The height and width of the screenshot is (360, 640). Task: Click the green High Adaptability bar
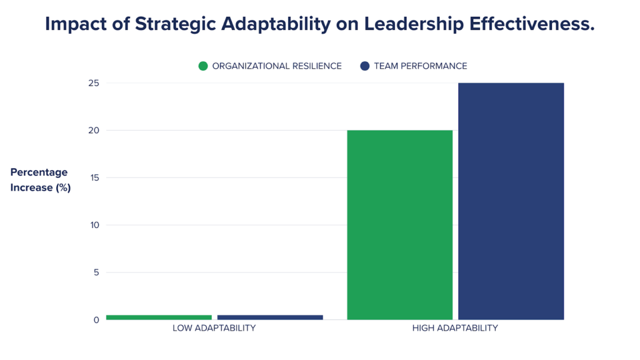(399, 225)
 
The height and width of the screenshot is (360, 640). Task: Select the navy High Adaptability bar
(511, 201)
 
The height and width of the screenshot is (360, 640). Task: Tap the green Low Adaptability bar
(159, 317)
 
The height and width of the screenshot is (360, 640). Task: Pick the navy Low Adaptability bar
(270, 317)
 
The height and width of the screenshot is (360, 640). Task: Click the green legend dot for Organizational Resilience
(203, 66)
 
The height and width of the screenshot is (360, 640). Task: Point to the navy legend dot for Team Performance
(365, 66)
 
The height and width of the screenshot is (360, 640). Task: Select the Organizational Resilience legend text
(277, 66)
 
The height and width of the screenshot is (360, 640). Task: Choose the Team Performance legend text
(421, 66)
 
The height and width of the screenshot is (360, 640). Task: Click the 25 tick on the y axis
(93, 83)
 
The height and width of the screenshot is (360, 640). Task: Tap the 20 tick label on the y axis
(93, 131)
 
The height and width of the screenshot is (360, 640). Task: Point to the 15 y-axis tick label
(94, 178)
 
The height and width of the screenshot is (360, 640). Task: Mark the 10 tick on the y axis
(94, 225)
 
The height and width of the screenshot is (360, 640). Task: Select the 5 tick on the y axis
(96, 272)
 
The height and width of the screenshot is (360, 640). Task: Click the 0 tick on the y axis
(96, 320)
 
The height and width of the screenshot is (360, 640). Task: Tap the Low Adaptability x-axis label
(214, 328)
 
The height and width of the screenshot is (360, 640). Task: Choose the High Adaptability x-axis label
(455, 328)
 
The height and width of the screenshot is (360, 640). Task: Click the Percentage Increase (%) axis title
(40, 180)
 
